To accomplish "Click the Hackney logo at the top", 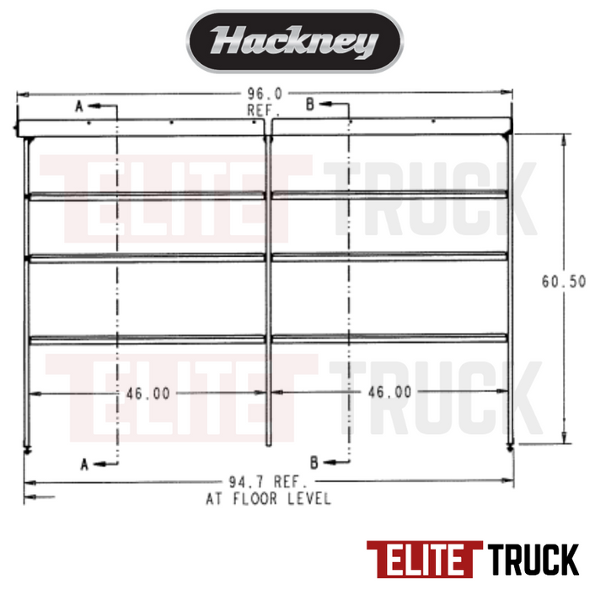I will pyautogui.click(x=294, y=41).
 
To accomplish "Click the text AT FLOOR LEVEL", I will pyautogui.click(x=269, y=498).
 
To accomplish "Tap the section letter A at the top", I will pyautogui.click(x=80, y=106).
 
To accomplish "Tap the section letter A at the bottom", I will pyautogui.click(x=83, y=463).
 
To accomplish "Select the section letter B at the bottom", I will pyautogui.click(x=314, y=462).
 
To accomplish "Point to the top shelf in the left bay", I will pyautogui.click(x=147, y=196).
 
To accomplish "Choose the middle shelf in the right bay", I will pyautogui.click(x=389, y=255).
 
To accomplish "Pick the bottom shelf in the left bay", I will pyautogui.click(x=147, y=339).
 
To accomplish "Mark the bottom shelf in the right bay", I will pyautogui.click(x=389, y=339).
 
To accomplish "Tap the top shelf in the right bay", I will pyautogui.click(x=389, y=195).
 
